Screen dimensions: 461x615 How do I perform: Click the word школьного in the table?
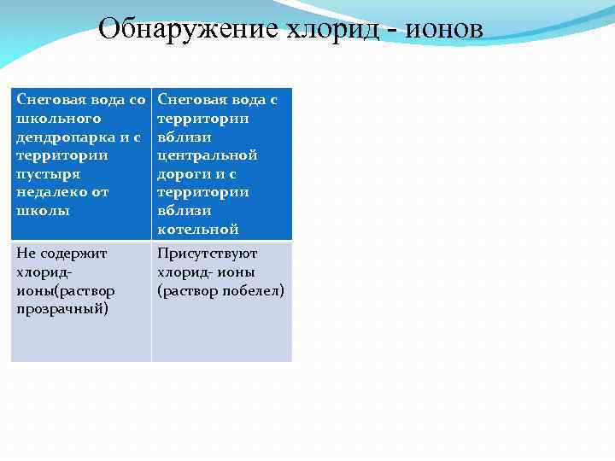click(x=58, y=119)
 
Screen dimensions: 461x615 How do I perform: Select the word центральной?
click(x=208, y=155)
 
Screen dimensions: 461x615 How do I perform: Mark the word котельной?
click(x=198, y=229)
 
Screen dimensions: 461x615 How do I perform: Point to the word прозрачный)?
click(x=62, y=308)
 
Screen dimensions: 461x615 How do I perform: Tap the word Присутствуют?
click(x=208, y=254)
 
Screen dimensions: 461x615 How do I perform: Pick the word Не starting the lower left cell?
click(x=26, y=254)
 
